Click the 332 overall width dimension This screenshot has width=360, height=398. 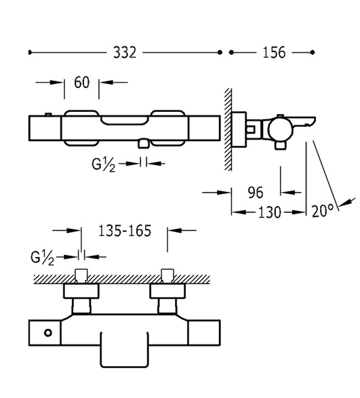click(125, 52)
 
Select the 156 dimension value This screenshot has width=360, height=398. click(274, 52)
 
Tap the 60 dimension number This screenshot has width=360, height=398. click(82, 82)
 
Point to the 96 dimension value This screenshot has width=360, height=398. click(256, 193)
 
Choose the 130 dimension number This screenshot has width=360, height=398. click(269, 212)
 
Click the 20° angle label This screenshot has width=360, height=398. click(323, 211)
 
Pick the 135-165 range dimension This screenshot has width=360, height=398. click(125, 231)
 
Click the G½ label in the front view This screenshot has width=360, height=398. click(103, 164)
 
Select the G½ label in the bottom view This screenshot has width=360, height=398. click(43, 258)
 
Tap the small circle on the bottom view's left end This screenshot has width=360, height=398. click(48, 332)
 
